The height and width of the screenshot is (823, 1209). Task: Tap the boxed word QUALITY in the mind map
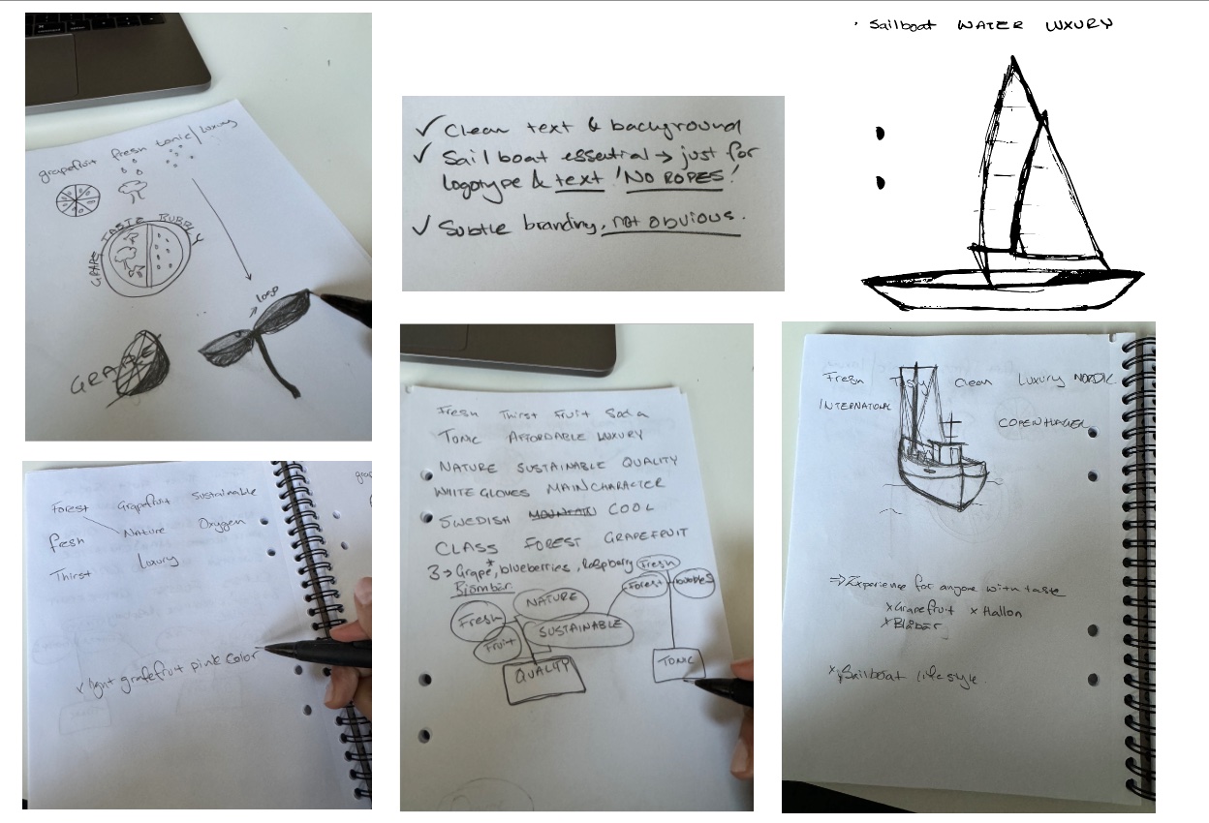point(542,676)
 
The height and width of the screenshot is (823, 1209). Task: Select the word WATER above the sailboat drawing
point(989,25)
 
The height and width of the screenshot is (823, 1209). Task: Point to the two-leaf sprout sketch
point(262,334)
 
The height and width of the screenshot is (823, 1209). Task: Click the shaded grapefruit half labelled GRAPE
point(143,360)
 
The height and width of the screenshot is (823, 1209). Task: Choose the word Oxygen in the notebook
point(223,523)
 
